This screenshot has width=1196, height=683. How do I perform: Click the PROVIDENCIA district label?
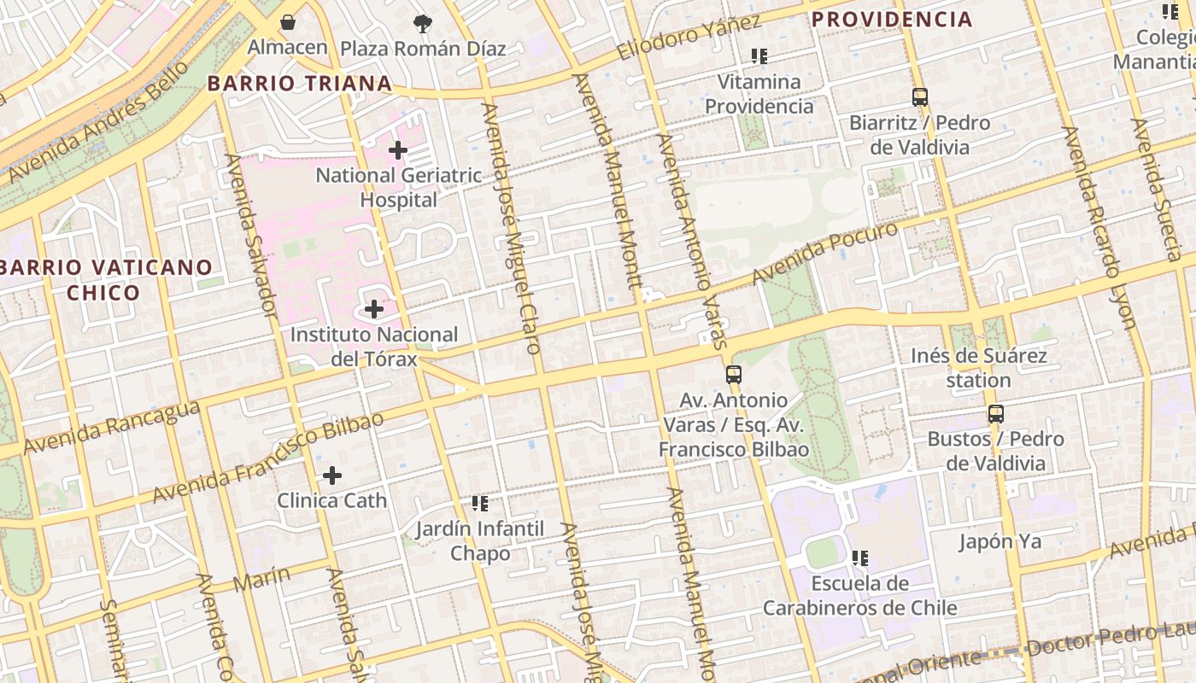(892, 19)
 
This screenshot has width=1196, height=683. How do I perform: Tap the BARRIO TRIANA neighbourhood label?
(300, 84)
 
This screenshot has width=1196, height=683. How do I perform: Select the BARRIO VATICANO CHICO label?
(104, 280)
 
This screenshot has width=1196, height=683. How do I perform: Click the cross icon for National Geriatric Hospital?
(397, 150)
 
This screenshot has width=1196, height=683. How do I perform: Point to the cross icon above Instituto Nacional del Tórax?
(373, 308)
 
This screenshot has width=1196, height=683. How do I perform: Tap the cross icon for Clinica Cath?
(332, 476)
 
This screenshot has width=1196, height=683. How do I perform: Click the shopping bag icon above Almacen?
(288, 22)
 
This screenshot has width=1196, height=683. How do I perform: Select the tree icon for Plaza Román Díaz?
(422, 23)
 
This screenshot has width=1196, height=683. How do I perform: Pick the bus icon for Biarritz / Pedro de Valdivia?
(919, 97)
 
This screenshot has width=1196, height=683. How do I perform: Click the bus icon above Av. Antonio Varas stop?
(733, 374)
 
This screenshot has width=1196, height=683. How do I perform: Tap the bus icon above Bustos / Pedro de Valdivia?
(995, 414)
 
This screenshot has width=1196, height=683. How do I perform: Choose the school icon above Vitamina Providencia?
(759, 57)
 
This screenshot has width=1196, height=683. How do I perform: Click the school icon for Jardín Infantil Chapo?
(479, 504)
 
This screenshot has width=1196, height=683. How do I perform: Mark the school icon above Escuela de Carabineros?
(859, 558)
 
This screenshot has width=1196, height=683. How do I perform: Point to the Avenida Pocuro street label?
(825, 254)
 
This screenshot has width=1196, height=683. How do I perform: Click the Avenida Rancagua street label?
(112, 428)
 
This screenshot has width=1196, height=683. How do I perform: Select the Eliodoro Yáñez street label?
(689, 38)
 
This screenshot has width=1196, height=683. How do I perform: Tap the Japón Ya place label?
(1000, 541)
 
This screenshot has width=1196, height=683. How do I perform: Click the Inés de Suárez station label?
(978, 368)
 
